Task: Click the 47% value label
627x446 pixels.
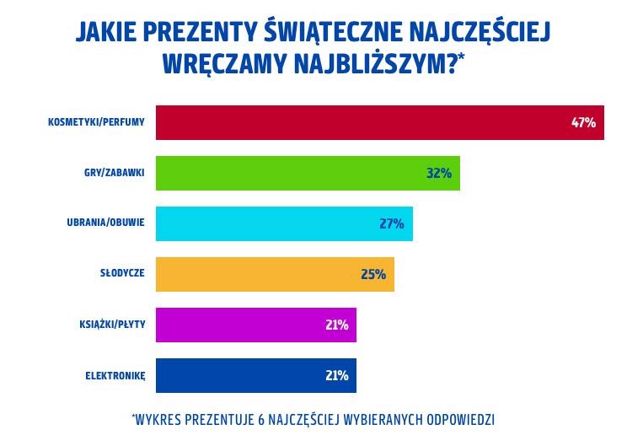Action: click(583, 122)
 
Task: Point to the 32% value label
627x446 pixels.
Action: click(439, 173)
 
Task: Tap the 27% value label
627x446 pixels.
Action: click(392, 223)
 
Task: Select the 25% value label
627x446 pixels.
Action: click(373, 274)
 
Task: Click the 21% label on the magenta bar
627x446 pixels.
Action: click(336, 325)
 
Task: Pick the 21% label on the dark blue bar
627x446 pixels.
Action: click(336, 375)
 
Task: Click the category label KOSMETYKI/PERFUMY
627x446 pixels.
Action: click(96, 122)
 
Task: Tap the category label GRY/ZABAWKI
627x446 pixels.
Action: click(115, 173)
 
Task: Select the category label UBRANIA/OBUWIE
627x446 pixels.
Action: click(106, 223)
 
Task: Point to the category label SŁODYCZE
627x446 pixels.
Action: click(122, 274)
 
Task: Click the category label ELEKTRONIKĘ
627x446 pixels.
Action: click(115, 376)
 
